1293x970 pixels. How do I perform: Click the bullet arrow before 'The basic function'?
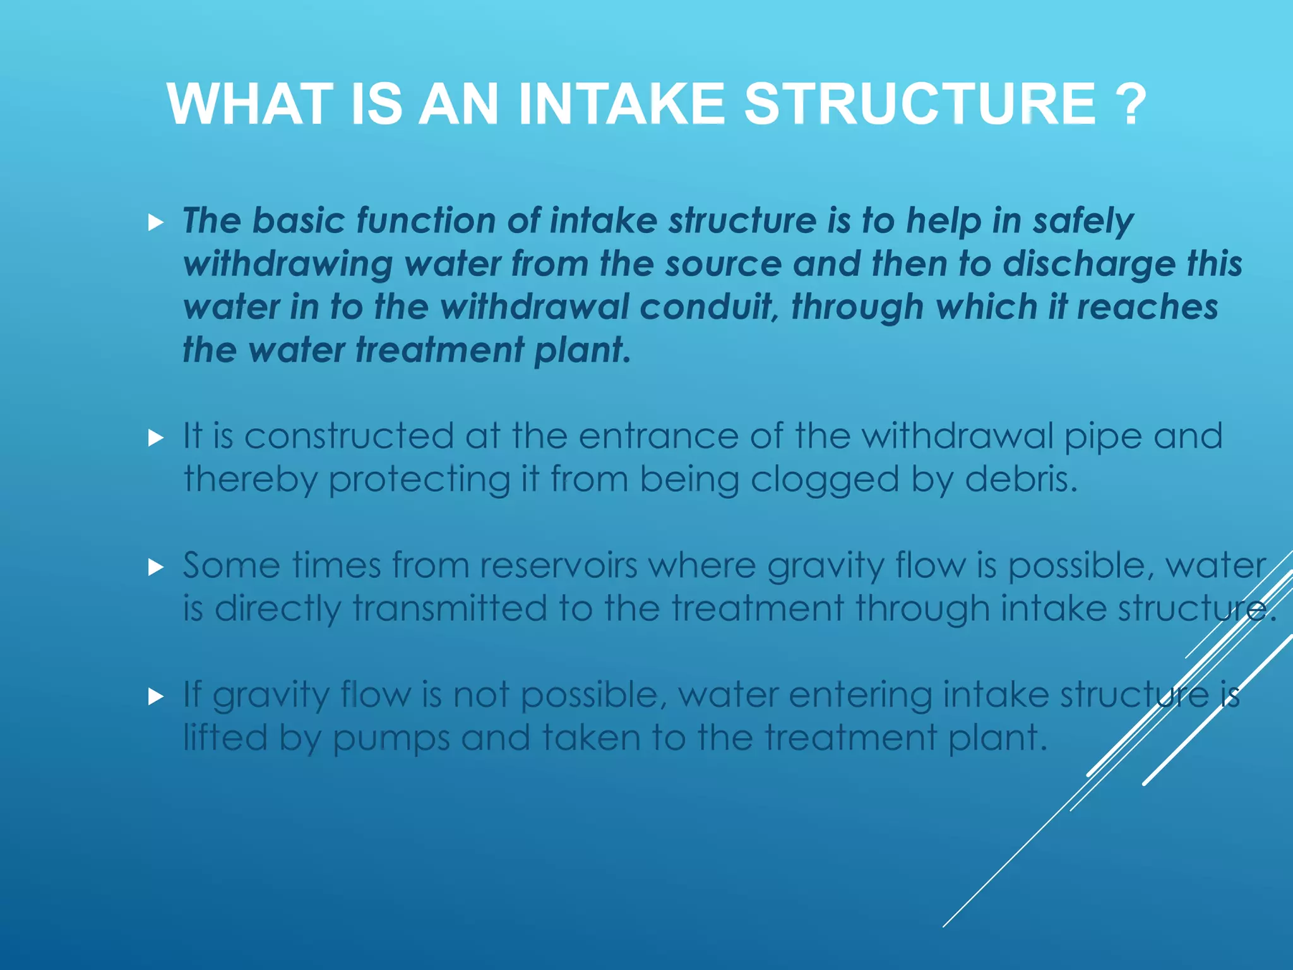[x=156, y=222]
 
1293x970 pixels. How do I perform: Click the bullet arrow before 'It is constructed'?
[x=156, y=438]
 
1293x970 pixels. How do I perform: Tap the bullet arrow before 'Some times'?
[x=156, y=567]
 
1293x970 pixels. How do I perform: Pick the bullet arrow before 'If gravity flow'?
[x=156, y=697]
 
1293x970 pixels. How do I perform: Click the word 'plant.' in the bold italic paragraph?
[x=582, y=350]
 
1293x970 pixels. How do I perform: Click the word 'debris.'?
[x=1021, y=479]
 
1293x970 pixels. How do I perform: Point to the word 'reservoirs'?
[x=558, y=565]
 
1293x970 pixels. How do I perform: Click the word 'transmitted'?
[x=450, y=609]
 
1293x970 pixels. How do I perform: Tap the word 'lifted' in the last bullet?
[x=225, y=737]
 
